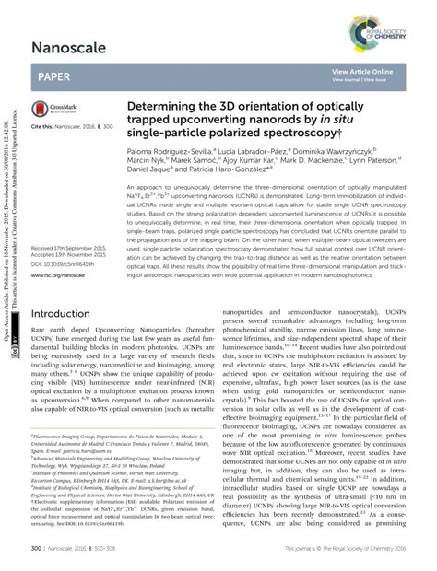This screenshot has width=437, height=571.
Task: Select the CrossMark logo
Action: coord(52,109)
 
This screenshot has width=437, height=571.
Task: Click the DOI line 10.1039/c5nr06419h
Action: coord(65,263)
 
